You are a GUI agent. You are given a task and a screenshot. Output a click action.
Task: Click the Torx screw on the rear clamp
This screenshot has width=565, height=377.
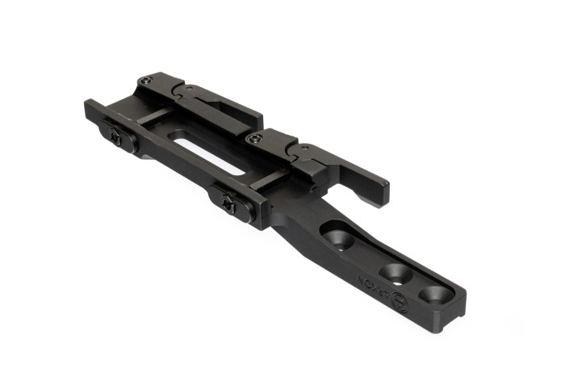click(146, 80)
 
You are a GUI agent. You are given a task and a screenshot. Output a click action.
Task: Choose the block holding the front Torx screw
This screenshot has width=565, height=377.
click(266, 145)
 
